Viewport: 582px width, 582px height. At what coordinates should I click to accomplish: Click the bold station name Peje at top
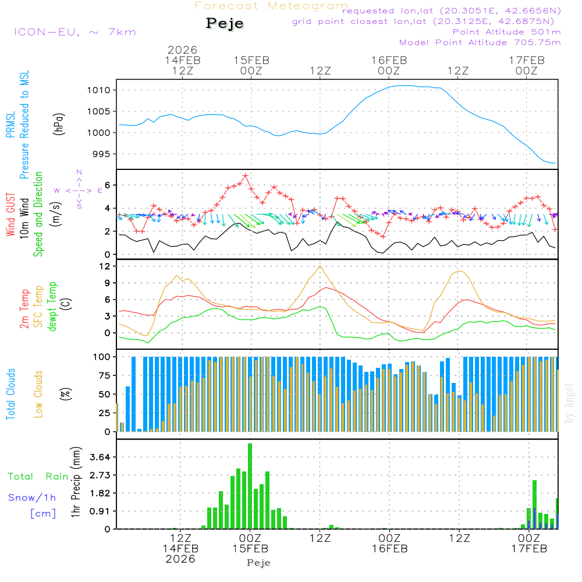pyautogui.click(x=225, y=23)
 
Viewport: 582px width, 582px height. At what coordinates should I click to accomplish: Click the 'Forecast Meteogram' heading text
pyautogui.click(x=271, y=6)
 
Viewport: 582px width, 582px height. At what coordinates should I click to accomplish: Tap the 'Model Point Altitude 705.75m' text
pyautogui.click(x=480, y=42)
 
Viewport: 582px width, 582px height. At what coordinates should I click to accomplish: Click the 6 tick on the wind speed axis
pyautogui.click(x=108, y=185)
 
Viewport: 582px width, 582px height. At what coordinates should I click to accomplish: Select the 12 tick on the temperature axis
pyautogui.click(x=105, y=266)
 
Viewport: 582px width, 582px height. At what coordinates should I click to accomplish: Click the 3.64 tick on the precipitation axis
pyautogui.click(x=100, y=457)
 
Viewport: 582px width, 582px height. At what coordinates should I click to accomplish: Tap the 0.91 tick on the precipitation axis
pyautogui.click(x=100, y=511)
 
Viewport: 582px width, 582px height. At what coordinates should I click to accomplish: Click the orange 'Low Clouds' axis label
pyautogui.click(x=39, y=393)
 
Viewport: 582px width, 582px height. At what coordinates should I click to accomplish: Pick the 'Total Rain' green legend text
pyautogui.click(x=38, y=477)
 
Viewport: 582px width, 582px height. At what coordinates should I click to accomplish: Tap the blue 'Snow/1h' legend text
pyautogui.click(x=33, y=498)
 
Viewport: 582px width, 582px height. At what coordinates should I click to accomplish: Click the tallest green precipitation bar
pyautogui.click(x=250, y=486)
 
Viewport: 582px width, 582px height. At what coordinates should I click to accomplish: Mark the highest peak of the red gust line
pyautogui.click(x=246, y=175)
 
